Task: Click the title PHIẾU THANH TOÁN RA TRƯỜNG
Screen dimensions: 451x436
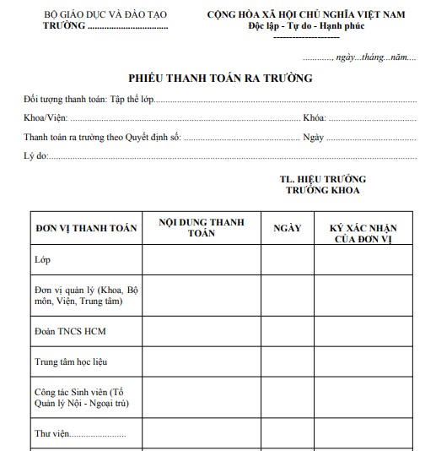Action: [220, 79]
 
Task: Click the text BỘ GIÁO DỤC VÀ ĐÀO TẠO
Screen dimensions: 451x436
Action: [105, 17]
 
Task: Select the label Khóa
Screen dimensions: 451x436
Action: [314, 118]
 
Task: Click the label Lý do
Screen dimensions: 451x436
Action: [35, 155]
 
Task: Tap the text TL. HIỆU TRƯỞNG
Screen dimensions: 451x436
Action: [322, 180]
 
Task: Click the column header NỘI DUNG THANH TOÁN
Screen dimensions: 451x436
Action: [202, 227]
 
